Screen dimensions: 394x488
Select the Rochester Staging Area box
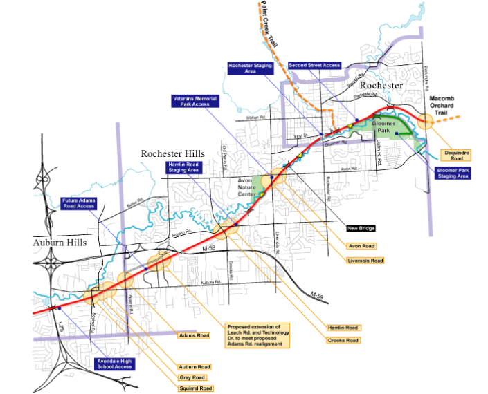pyautogui.click(x=251, y=68)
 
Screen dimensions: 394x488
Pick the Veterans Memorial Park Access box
pyautogui.click(x=195, y=102)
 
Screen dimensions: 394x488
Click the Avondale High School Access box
pyautogui.click(x=114, y=364)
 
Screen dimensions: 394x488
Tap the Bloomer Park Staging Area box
pyautogui.click(x=453, y=173)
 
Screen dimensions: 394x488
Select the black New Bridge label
pyautogui.click(x=362, y=227)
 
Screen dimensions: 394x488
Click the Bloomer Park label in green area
pyautogui.click(x=384, y=126)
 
